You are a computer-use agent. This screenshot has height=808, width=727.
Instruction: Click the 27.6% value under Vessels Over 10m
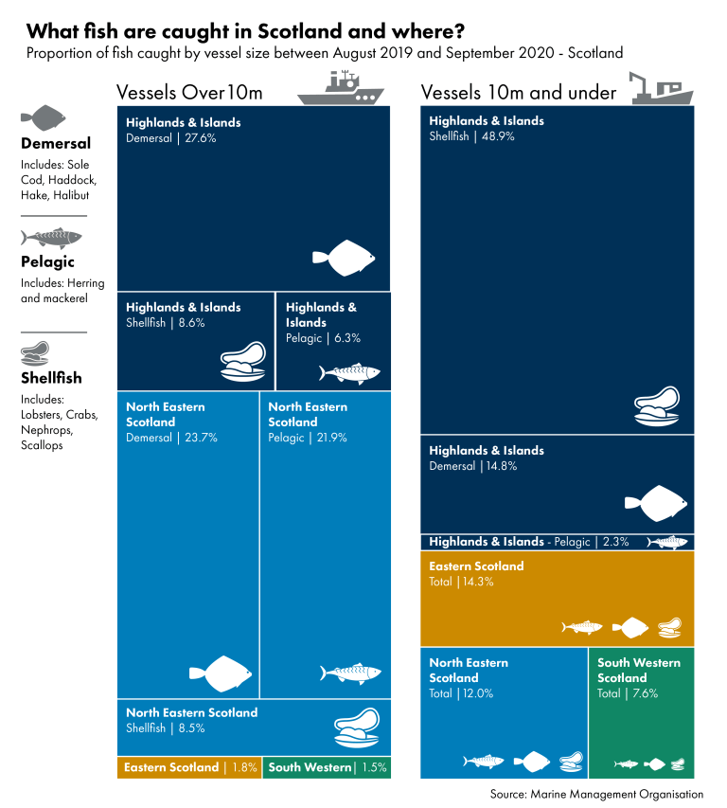201,138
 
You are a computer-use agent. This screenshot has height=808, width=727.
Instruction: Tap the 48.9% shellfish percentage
498,136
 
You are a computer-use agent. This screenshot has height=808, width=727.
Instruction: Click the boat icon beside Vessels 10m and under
661,88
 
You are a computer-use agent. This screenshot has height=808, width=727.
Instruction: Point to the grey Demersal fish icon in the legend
44,118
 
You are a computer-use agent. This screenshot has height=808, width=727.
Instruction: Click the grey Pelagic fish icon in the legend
51,238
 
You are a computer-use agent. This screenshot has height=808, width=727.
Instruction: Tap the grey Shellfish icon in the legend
35,353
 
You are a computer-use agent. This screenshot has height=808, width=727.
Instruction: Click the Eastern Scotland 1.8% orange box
189,767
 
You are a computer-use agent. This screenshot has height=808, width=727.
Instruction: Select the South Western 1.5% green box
327,767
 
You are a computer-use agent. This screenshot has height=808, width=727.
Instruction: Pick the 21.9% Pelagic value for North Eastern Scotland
331,438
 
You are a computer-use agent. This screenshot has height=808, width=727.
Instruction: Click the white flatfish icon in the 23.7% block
221,673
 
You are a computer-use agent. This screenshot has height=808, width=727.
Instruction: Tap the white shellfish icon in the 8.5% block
357,727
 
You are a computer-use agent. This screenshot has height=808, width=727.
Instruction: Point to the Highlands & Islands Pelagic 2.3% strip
558,542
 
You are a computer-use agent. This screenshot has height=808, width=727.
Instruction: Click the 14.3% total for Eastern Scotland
478,582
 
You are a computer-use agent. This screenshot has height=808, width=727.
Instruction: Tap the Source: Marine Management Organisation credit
596,794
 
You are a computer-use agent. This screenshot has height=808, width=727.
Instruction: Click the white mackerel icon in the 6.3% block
349,372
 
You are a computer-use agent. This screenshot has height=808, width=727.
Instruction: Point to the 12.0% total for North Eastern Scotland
478,693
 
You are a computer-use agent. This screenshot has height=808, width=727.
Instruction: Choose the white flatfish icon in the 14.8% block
656,503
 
